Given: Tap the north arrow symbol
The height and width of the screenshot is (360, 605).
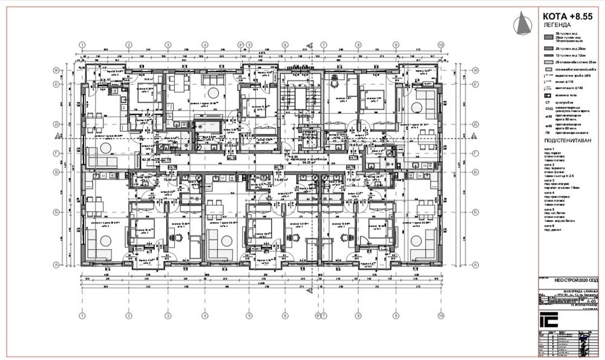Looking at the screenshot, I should point(520,24).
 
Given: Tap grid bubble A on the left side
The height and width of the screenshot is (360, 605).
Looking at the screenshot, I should point(55,264).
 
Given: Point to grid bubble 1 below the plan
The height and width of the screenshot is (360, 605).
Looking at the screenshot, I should point(82,315).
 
